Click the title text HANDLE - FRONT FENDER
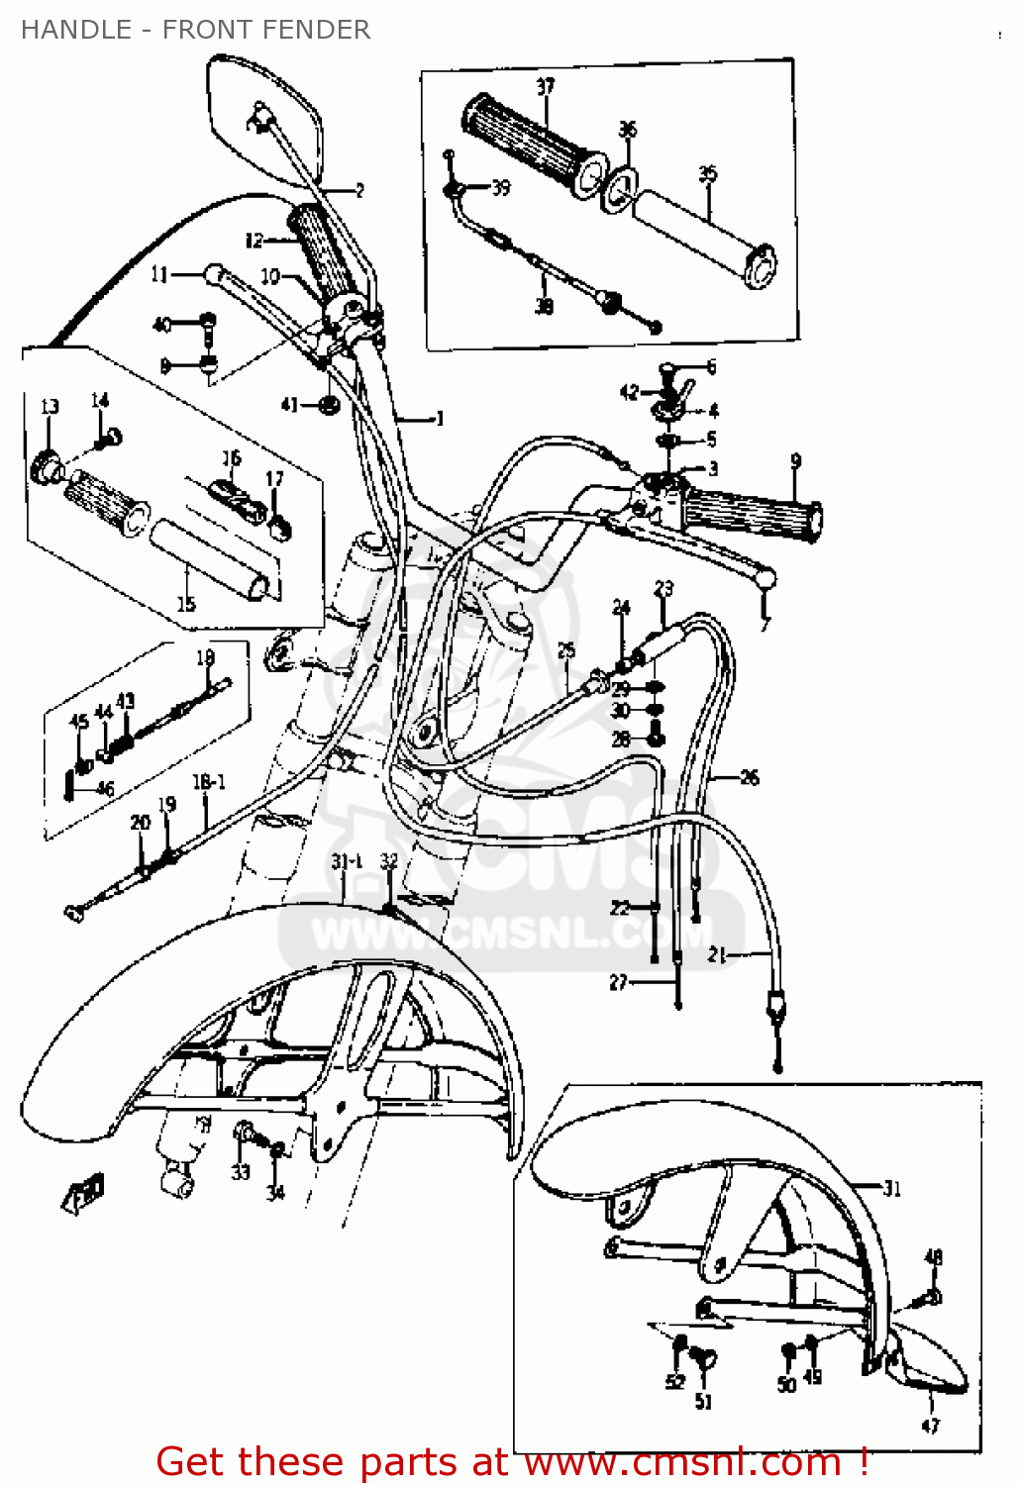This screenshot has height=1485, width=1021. click(195, 30)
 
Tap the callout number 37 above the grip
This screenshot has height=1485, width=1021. click(545, 87)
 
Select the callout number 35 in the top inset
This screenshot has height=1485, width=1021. click(707, 175)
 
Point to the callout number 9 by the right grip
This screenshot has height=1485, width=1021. click(795, 461)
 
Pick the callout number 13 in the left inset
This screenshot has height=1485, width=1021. click(50, 407)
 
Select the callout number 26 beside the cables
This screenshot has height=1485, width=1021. click(750, 778)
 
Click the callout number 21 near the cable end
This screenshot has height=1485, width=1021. click(718, 955)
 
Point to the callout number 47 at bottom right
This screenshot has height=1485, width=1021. click(930, 1426)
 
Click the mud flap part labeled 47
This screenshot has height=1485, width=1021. click(926, 1366)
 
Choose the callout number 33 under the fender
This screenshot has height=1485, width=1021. click(241, 1172)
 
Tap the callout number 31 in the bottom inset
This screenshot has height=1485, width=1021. click(892, 1188)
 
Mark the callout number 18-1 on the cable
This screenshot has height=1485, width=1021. click(208, 782)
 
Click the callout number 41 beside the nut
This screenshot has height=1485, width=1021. click(289, 404)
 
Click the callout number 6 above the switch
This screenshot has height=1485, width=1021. click(710, 367)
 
